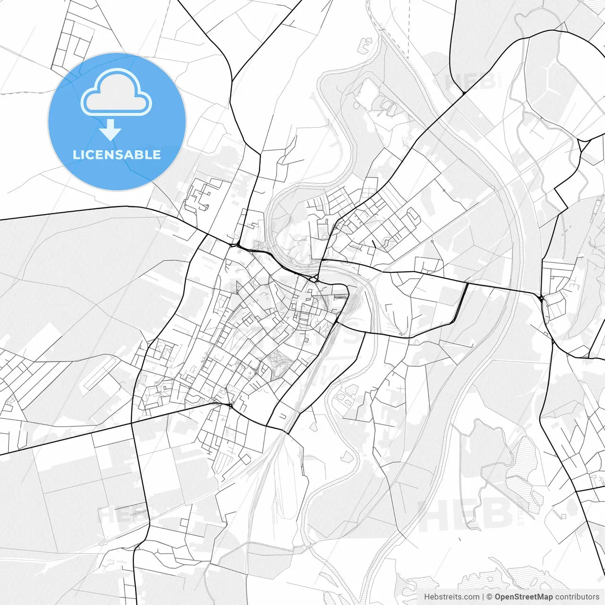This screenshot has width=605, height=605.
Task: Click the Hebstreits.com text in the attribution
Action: tap(451, 597)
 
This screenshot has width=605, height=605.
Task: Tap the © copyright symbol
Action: tap(490, 597)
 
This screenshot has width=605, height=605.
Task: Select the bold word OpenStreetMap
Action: tap(523, 597)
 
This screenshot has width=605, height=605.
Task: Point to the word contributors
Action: tap(577, 597)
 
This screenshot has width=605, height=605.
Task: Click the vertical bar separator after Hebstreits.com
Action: tap(483, 597)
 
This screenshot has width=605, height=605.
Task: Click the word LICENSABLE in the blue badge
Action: tap(117, 155)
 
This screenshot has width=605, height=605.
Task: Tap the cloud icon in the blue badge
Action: tap(116, 92)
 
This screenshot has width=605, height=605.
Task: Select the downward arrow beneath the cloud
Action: tap(111, 130)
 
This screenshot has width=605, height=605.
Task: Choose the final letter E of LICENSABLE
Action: tap(157, 155)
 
